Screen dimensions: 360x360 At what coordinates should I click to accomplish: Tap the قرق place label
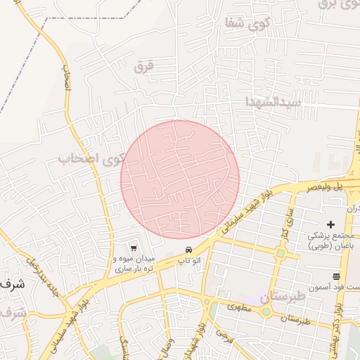pyautogui.click(x=143, y=66)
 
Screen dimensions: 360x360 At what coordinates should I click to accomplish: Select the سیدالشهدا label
pyautogui.click(x=274, y=102)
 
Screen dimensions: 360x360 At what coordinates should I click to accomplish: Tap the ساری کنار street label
pyautogui.click(x=286, y=223)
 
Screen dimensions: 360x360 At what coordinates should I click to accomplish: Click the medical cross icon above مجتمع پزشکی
pyautogui.click(x=331, y=224)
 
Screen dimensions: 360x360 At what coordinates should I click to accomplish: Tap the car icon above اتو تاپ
pyautogui.click(x=188, y=250)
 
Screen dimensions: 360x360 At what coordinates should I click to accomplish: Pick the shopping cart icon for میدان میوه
pyautogui.click(x=133, y=247)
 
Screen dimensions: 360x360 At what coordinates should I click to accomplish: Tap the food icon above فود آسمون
pyautogui.click(x=336, y=276)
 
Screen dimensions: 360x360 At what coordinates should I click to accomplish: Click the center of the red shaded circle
pyautogui.click(x=180, y=179)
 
